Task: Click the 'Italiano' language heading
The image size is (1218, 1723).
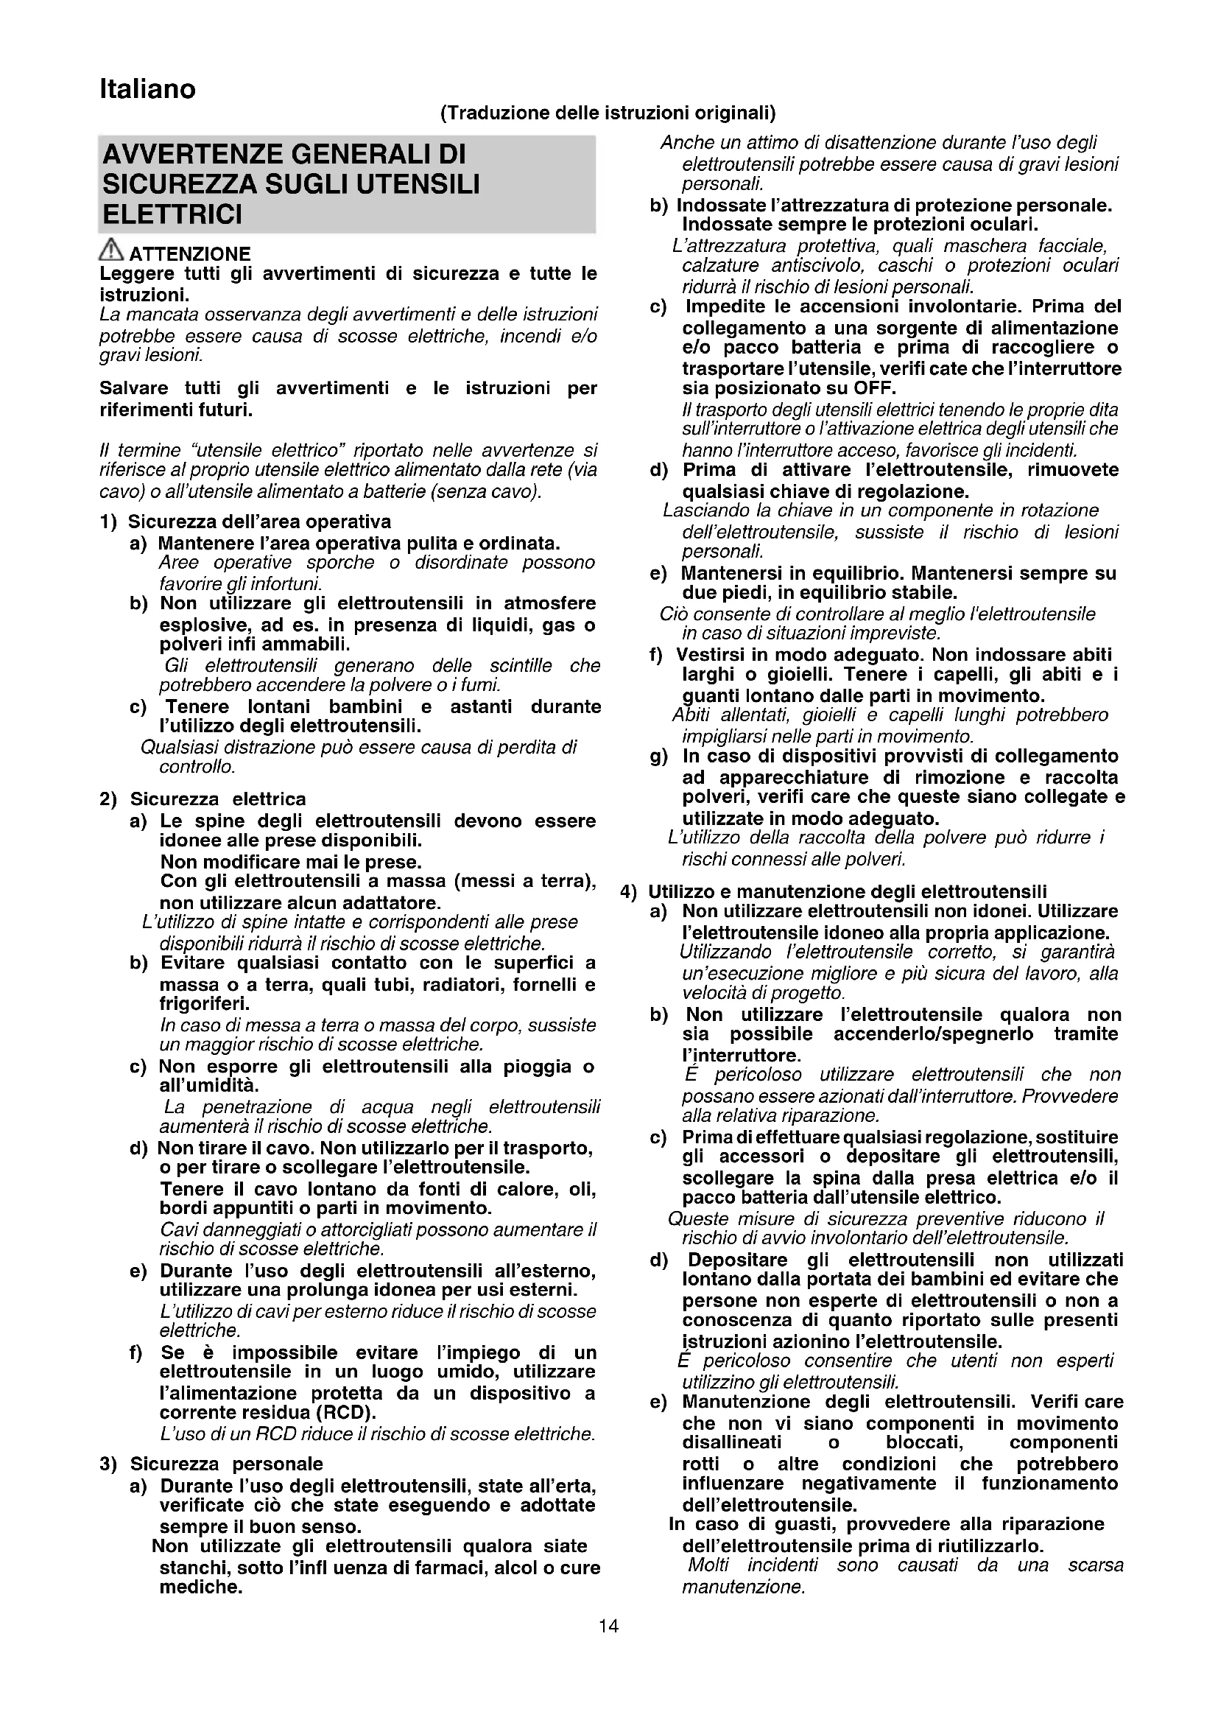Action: pyautogui.click(x=148, y=89)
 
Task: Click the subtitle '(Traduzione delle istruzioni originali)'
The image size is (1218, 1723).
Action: pyautogui.click(x=608, y=113)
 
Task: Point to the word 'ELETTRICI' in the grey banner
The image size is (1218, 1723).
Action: pyautogui.click(x=172, y=214)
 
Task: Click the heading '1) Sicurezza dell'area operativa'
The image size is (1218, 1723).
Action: pyautogui.click(x=245, y=522)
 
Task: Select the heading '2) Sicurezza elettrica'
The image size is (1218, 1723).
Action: pyautogui.click(x=203, y=799)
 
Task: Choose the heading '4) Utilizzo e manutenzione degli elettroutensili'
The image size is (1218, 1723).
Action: pyautogui.click(x=834, y=891)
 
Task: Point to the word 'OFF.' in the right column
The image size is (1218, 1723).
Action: pyautogui.click(x=875, y=389)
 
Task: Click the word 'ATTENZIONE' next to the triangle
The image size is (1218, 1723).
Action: pyautogui.click(x=191, y=253)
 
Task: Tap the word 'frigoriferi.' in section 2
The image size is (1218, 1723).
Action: pyautogui.click(x=205, y=1003)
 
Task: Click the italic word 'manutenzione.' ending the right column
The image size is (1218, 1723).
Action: pyautogui.click(x=743, y=1587)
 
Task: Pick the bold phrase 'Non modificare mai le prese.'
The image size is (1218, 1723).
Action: pyautogui.click(x=291, y=862)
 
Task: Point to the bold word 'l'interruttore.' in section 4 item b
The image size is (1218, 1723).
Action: pyautogui.click(x=731, y=1056)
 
